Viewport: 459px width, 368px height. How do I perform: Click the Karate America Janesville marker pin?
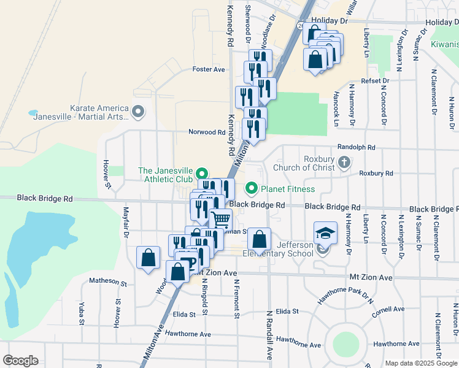click(137, 112)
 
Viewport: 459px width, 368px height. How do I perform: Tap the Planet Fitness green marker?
click(250, 188)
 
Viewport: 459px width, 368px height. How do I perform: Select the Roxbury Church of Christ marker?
click(344, 163)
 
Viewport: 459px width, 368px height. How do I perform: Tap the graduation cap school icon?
click(325, 233)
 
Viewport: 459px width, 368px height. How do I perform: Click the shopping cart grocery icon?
click(221, 220)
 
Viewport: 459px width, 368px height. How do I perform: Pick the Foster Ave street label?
click(209, 69)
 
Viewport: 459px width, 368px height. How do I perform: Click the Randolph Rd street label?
click(356, 147)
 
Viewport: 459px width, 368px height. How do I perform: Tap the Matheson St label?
click(107, 283)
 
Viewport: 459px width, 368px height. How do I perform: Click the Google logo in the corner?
click(20, 361)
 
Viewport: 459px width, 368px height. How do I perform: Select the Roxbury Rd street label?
click(376, 174)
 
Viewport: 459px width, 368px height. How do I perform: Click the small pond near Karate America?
click(33, 113)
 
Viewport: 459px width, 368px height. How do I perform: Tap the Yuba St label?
click(81, 312)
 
